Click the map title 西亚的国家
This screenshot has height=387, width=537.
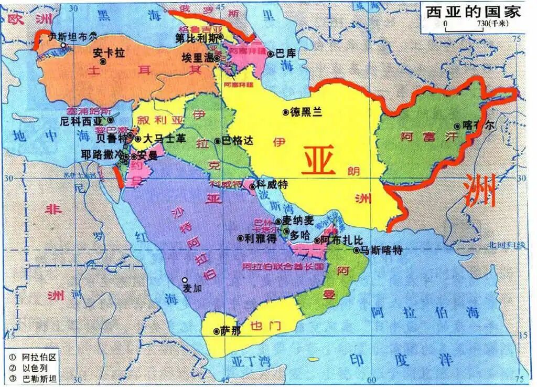click(x=472, y=12)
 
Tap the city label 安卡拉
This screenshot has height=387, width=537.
click(x=109, y=53)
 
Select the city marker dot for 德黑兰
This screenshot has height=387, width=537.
click(x=285, y=112)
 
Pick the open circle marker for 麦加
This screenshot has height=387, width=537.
click(x=185, y=280)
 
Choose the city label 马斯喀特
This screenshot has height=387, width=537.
click(x=385, y=250)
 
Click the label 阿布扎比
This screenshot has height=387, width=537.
click(x=341, y=240)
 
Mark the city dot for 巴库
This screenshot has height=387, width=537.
click(x=271, y=54)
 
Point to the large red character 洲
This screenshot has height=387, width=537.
click(x=480, y=192)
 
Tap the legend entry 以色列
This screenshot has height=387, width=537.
click(x=37, y=368)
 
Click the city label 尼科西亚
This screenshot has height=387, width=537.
click(x=80, y=121)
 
